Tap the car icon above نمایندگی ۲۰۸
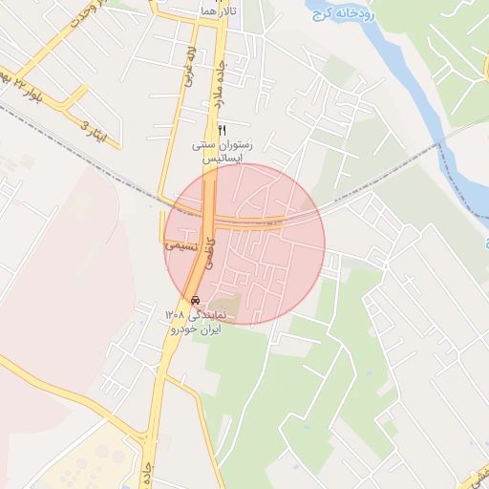click(x=196, y=299)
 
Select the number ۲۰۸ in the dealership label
click(x=174, y=314)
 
